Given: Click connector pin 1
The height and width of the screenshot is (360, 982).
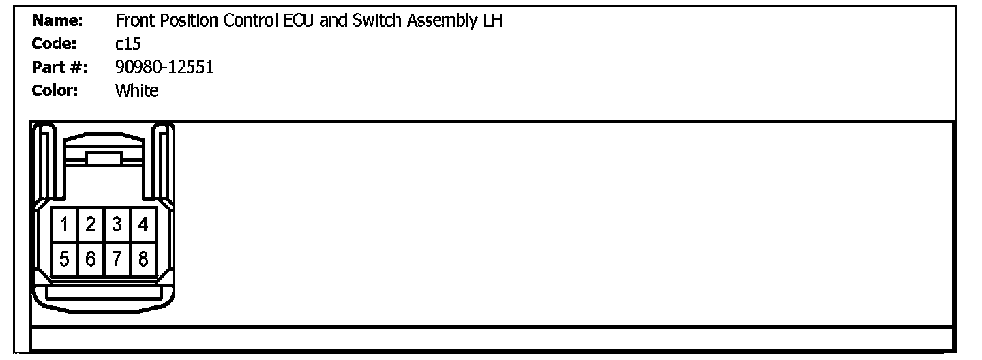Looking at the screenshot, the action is (64, 224).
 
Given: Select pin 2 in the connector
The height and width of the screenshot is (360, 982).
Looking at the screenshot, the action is (90, 224).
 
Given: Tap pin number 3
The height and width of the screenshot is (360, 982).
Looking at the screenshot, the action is (117, 224).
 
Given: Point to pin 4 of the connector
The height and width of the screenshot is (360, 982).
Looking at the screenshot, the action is (143, 224).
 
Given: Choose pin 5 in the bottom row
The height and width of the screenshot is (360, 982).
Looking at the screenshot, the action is (64, 259).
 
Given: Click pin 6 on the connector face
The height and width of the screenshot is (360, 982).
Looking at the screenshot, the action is (90, 259).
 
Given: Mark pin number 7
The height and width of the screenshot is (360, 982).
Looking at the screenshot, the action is (117, 259).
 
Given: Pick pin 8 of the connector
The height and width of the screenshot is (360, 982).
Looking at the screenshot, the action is (143, 259).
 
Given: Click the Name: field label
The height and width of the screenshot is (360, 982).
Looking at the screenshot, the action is (57, 21).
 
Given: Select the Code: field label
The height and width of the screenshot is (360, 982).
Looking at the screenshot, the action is (54, 44).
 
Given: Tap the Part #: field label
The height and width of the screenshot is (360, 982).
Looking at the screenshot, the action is (59, 67).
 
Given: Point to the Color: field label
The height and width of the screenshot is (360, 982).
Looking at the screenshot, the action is (55, 91).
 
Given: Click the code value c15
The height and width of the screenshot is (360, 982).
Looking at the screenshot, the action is (128, 44).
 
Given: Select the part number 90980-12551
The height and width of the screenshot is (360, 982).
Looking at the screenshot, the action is (164, 67).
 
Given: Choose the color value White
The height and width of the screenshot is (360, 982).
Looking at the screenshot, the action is (137, 91).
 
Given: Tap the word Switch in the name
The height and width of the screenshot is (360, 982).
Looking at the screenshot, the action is (377, 21).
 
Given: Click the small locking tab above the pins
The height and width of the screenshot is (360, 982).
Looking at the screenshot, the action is (104, 159).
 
